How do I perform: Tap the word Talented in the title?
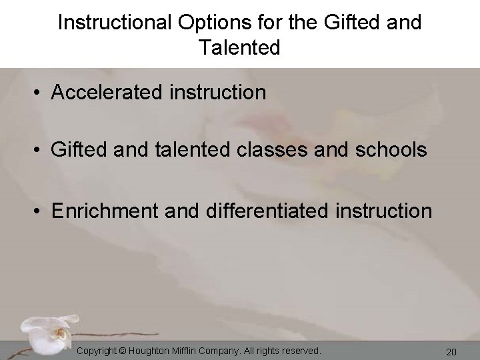tap(239, 47)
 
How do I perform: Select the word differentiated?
tap(261, 211)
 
